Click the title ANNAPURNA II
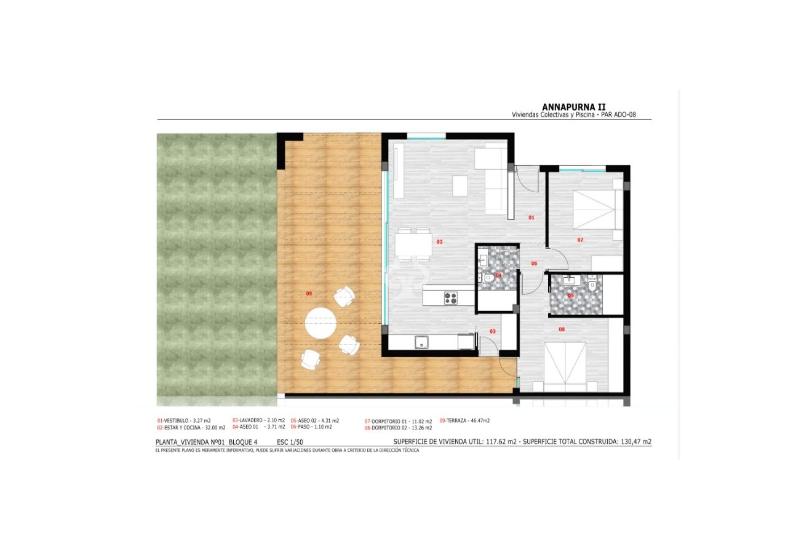[573, 106]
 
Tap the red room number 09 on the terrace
[309, 294]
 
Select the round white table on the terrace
[320, 323]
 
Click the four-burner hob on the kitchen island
[451, 298]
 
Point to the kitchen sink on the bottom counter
[422, 342]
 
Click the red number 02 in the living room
[439, 242]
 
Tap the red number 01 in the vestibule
[531, 218]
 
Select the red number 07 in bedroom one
[579, 240]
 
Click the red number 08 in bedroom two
[561, 329]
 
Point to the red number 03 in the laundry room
[492, 331]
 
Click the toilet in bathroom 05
[592, 285]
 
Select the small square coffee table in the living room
[460, 186]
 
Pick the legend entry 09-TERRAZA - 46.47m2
[464, 420]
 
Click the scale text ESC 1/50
[290, 442]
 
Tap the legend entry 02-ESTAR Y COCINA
[191, 427]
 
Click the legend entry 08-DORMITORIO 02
[398, 427]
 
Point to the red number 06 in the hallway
[534, 264]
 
